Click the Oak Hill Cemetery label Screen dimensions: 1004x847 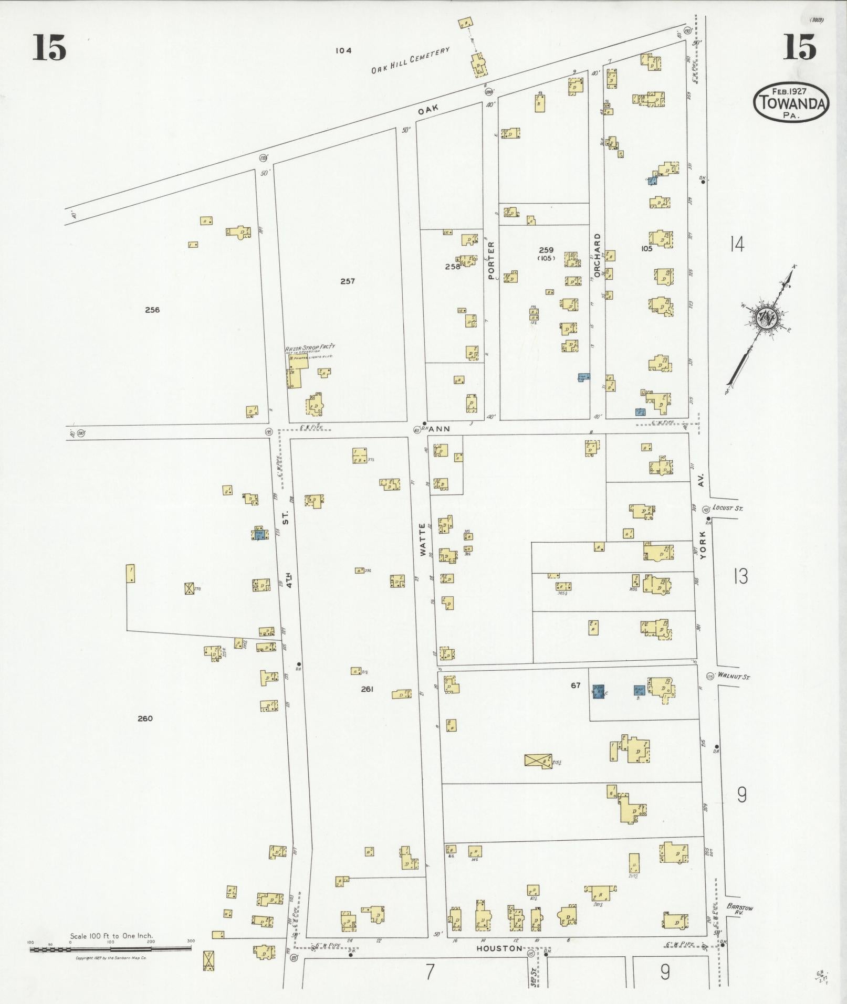pos(411,60)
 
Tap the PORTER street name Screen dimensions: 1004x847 pos(492,260)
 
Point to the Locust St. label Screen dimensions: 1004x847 pos(727,508)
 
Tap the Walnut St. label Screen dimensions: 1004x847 pos(734,677)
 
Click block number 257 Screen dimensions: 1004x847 pos(347,281)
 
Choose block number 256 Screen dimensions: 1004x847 pos(152,310)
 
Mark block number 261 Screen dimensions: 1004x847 pos(367,689)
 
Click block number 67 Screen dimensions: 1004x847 pos(576,685)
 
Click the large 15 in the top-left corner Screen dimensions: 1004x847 pos(49,47)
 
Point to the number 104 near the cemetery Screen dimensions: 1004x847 pos(343,51)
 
